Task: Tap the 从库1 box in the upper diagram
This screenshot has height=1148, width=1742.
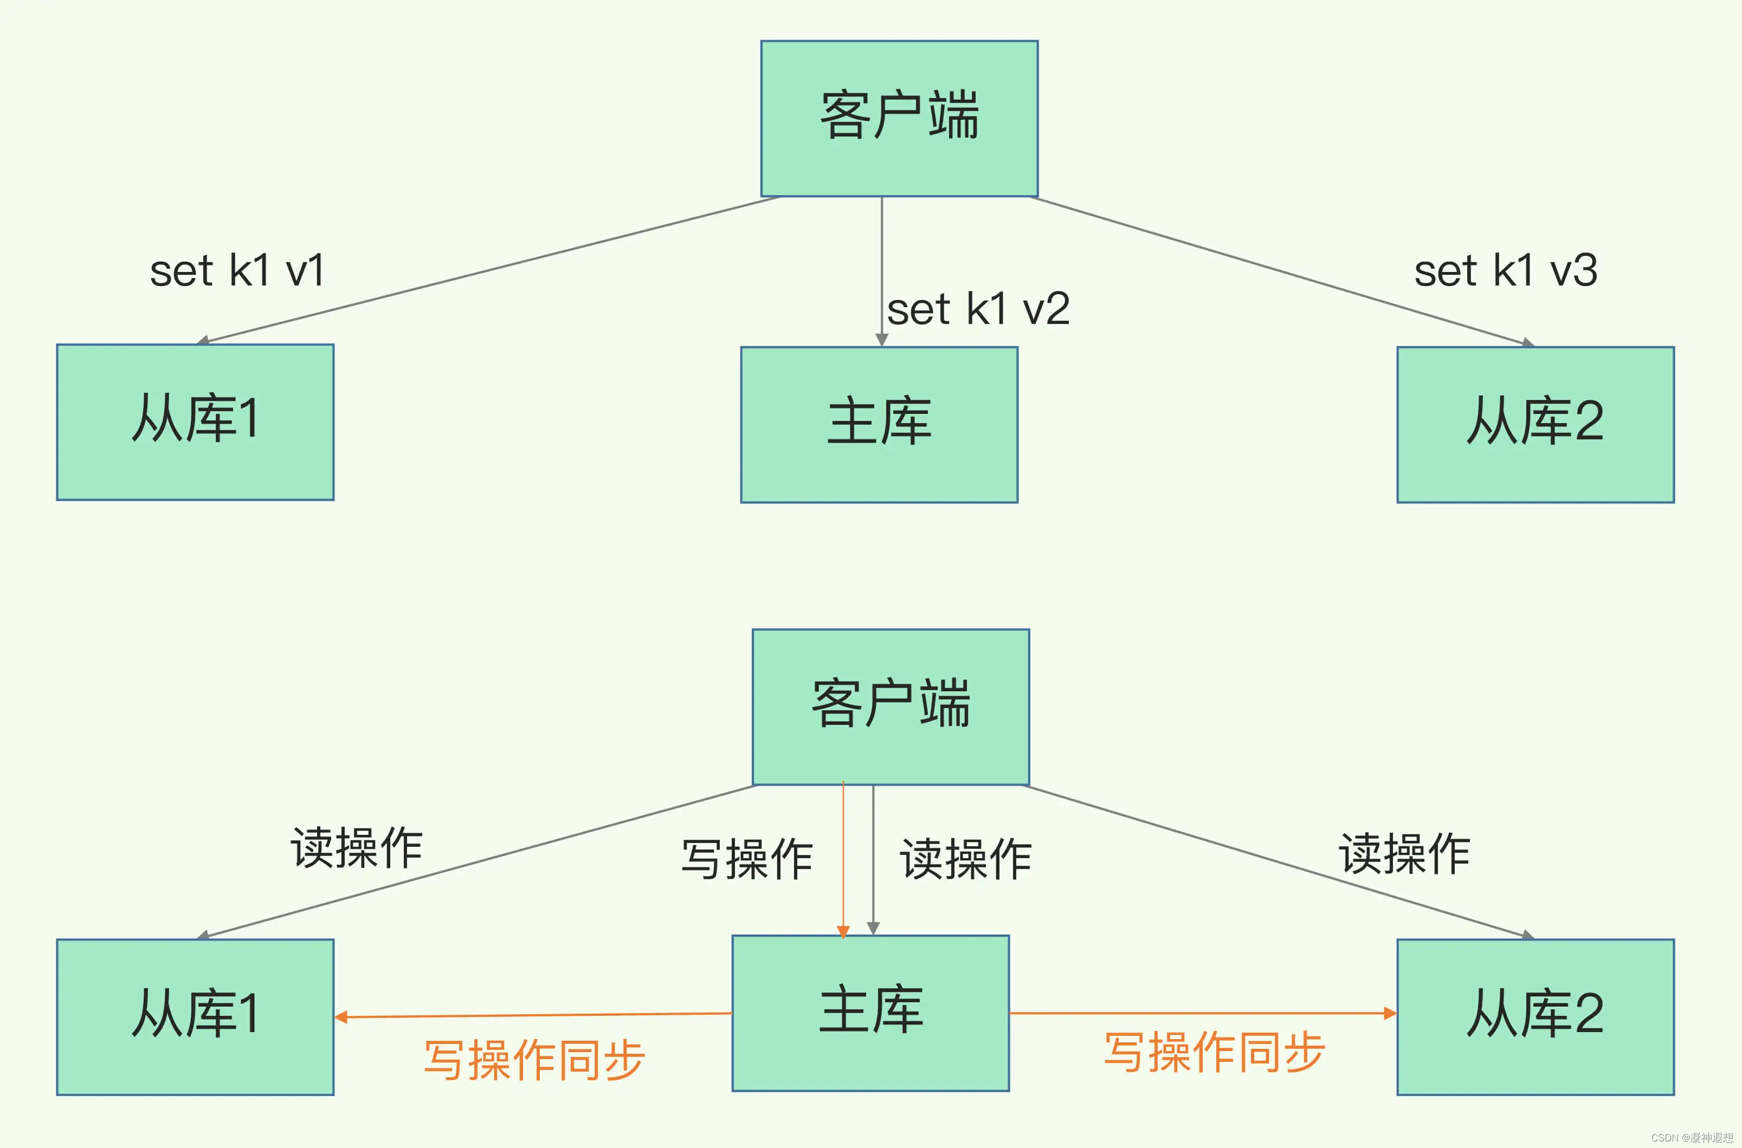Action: pos(195,421)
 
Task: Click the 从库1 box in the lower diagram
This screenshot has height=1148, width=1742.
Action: pos(195,1016)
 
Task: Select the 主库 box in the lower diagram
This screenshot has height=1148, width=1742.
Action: pos(870,1013)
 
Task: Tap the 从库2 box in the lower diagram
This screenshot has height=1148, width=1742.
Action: pos(1535,1016)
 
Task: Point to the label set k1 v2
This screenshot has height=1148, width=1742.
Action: pos(978,309)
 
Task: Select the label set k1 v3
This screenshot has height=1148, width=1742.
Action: pos(1506,271)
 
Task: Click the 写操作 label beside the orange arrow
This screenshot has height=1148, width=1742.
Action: pos(747,859)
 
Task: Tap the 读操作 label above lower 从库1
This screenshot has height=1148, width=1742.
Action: pos(357,848)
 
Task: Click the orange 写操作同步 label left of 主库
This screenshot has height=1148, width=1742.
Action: pos(534,1059)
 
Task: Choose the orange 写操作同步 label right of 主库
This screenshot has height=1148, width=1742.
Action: pos(1214,1052)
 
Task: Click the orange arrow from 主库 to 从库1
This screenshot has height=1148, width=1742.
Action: pos(533,1015)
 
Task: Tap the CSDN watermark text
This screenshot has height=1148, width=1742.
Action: pos(1692,1138)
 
